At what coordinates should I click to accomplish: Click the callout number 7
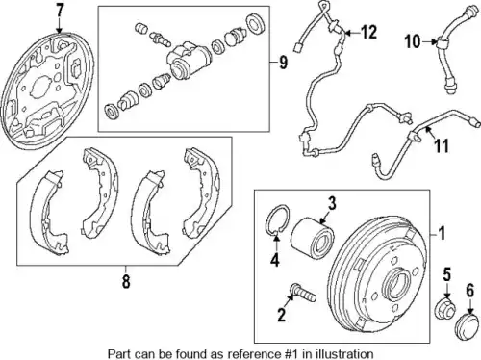click(60, 11)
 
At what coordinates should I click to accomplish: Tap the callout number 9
click(283, 63)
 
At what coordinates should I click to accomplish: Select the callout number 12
click(368, 32)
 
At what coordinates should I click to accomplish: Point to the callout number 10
click(413, 41)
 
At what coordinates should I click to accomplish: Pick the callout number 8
click(126, 281)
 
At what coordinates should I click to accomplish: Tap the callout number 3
click(332, 203)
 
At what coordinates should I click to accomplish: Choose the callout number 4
click(275, 259)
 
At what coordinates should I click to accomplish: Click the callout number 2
click(281, 315)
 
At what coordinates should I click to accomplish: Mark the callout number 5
click(447, 275)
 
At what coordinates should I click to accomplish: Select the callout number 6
click(469, 291)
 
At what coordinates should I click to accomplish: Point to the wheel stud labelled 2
click(303, 293)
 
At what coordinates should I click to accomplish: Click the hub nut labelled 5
click(444, 310)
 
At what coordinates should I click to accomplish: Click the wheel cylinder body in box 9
click(189, 62)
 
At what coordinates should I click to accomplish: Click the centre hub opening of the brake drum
click(397, 283)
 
